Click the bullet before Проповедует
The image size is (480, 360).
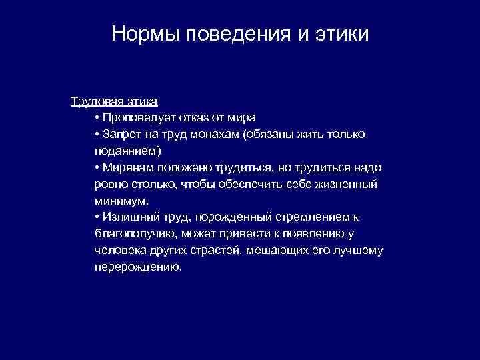coord(97,119)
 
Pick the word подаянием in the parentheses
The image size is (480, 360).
coord(124,151)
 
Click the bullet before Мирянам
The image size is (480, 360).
coord(97,168)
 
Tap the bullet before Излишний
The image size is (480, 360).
coord(97,217)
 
